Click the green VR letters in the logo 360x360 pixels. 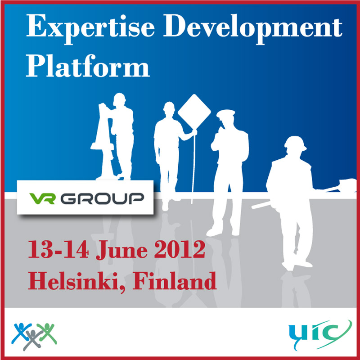pos(42,198)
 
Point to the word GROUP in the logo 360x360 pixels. pos(102,198)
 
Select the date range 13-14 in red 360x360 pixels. pos(58,250)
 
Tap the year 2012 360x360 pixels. pos(180,249)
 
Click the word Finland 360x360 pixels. pos(175,280)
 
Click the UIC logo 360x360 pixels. pos(320,334)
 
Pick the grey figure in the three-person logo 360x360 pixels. pos(33,339)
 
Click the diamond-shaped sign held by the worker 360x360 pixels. pos(194,112)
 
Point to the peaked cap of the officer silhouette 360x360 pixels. pos(226,113)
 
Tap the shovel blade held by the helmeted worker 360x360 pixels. pos(347,184)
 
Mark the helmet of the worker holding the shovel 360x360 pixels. pos(295,143)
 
